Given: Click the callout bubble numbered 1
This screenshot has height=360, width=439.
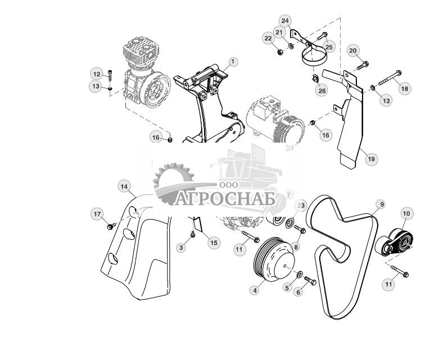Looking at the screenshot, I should click(233, 62).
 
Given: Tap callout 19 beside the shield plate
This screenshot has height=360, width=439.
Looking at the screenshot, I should click(370, 159).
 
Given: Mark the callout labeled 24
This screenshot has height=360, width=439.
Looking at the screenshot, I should click(285, 21).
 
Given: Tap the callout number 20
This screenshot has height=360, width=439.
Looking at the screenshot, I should click(353, 51).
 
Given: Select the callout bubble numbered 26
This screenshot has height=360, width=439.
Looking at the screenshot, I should click(322, 90).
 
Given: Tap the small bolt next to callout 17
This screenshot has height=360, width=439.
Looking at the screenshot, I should click(111, 226).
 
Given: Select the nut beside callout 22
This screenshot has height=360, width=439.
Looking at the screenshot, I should click(280, 52).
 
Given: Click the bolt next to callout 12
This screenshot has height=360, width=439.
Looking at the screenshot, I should click(110, 75).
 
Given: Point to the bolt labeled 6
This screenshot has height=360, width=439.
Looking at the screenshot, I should click(310, 280).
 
